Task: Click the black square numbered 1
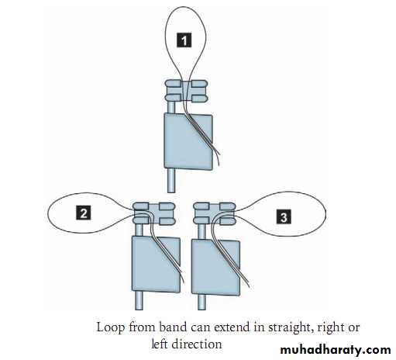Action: [184, 40]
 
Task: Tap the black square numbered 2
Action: [83, 213]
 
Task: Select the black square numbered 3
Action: [284, 216]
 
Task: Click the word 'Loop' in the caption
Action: [111, 328]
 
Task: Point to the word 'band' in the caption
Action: [172, 327]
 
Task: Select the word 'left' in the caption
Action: [160, 344]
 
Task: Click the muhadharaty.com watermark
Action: [336, 350]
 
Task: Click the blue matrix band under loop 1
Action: [188, 141]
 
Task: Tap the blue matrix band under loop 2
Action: [156, 265]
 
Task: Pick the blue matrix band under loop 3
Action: [216, 267]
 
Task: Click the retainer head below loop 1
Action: [186, 91]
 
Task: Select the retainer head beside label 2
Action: [154, 213]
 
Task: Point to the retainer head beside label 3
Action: [215, 213]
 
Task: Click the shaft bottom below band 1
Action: [171, 181]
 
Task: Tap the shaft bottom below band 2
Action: [139, 300]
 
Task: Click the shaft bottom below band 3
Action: [201, 302]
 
